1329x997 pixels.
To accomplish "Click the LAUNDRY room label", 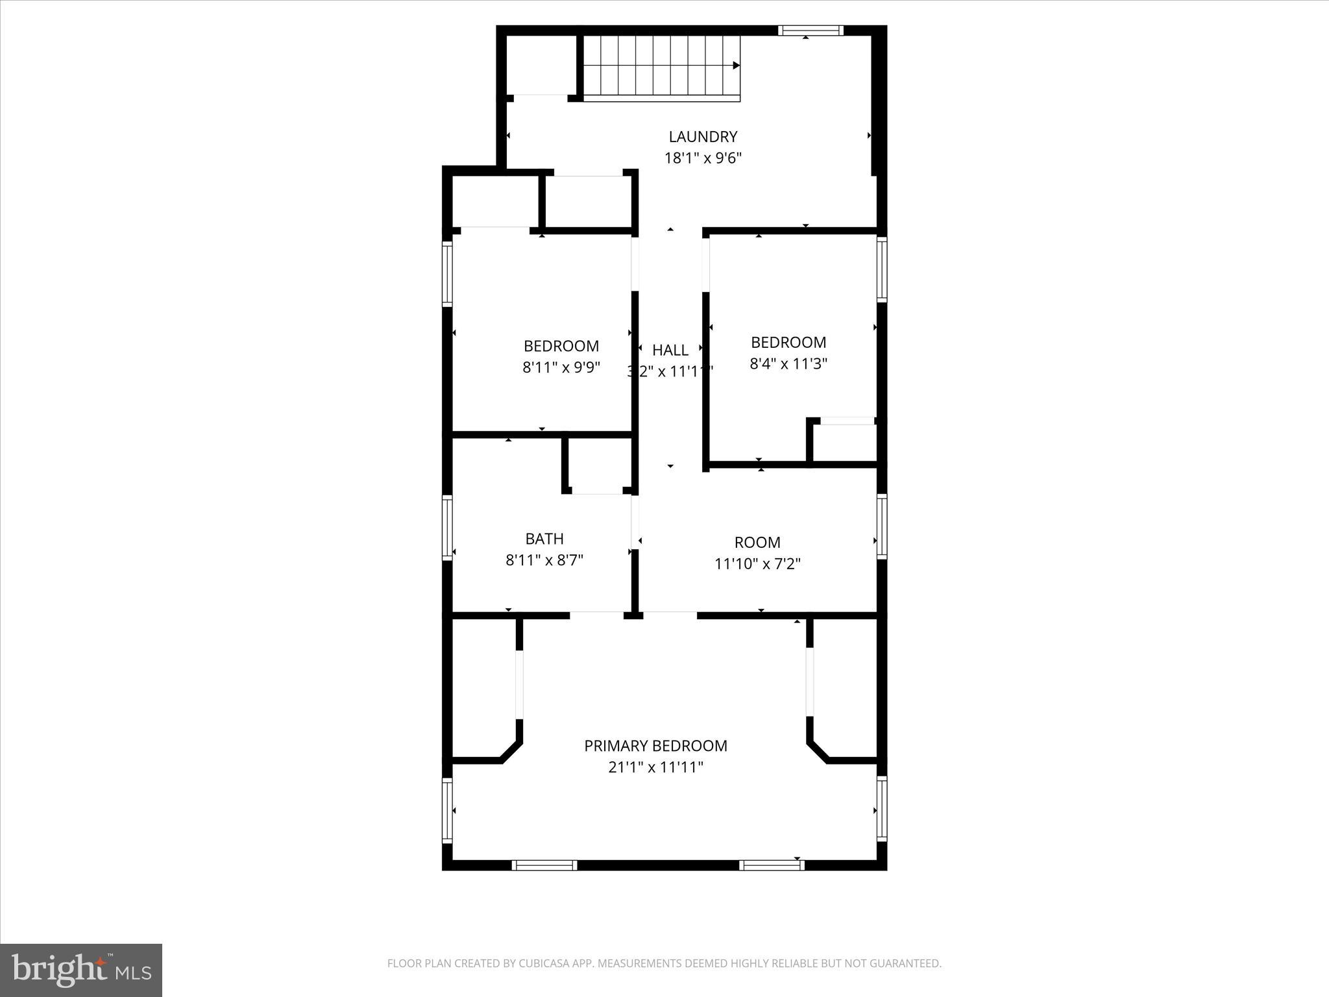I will [703, 136].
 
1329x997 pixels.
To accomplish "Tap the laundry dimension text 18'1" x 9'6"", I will [703, 158].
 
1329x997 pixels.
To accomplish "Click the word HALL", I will [670, 351].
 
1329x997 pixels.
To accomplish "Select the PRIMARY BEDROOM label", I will [655, 746].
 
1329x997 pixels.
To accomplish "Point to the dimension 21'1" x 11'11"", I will [655, 767].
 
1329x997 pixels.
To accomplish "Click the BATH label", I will [544, 539].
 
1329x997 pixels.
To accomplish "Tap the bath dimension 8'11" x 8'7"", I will [544, 560].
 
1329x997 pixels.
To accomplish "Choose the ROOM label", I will [757, 543].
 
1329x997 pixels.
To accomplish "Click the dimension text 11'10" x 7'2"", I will [757, 564].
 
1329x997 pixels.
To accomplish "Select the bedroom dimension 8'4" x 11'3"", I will [788, 363].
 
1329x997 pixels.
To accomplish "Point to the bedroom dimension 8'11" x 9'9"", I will [561, 367].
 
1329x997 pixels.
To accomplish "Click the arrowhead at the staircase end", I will [737, 66].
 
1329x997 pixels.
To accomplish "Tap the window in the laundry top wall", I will [811, 30].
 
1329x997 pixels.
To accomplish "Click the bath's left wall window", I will [447, 527].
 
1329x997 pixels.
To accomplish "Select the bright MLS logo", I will [81, 970].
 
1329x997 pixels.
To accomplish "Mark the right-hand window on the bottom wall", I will [772, 865].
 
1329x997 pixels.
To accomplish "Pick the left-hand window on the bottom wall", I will [544, 865].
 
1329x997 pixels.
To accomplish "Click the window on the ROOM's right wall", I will [882, 526].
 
